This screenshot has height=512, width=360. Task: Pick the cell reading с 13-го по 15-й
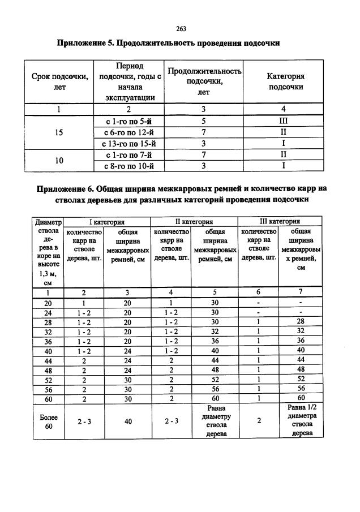point(130,143)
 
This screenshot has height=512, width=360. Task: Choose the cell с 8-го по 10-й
point(130,166)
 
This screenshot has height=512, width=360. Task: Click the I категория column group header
point(107,222)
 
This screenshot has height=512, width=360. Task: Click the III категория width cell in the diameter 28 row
point(301,321)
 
